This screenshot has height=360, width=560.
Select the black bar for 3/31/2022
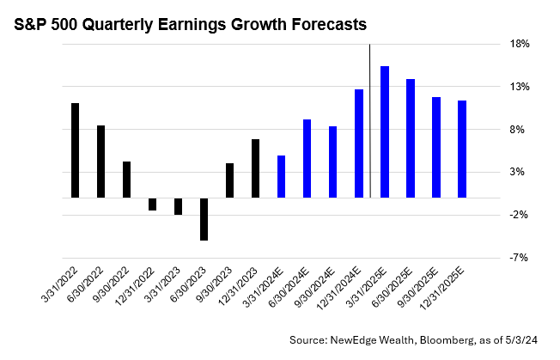76,150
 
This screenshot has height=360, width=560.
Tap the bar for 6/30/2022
101,162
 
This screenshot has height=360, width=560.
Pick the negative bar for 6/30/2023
204,218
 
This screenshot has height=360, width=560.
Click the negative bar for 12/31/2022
153,204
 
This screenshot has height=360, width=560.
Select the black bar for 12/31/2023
256,168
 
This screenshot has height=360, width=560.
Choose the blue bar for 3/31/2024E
281,176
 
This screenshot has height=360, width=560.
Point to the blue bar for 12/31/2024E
358,143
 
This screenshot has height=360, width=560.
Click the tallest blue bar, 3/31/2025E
385,131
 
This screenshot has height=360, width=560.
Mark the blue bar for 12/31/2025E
462,149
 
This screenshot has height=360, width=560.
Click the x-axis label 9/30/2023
213,281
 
